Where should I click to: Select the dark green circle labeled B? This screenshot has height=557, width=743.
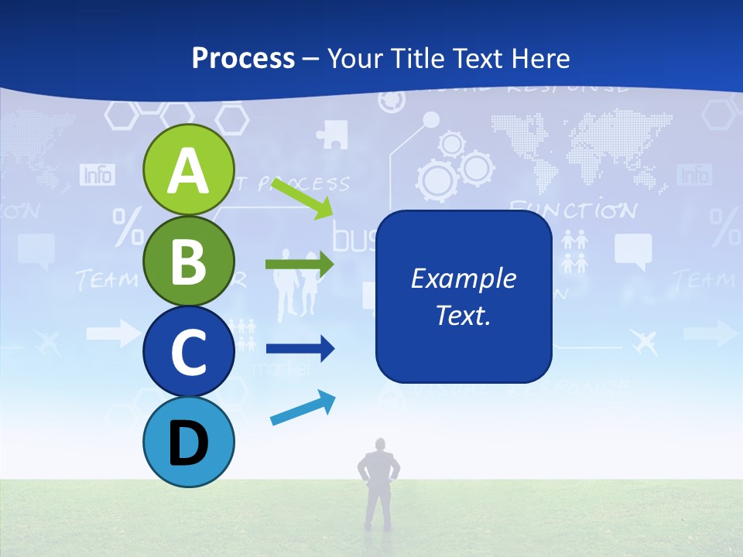189,261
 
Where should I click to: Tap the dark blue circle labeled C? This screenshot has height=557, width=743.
189,351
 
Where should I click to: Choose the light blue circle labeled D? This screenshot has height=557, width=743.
189,442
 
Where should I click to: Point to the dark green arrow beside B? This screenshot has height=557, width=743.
300,265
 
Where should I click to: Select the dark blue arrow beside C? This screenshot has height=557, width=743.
300,349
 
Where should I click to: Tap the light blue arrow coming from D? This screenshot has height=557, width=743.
303,408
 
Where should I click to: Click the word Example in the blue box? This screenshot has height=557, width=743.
463,278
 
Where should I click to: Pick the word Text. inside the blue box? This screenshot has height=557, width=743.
463,315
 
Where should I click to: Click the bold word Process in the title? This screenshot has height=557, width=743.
243,58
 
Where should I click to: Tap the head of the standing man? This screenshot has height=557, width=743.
379,445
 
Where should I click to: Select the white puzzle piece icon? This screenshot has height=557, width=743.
331,134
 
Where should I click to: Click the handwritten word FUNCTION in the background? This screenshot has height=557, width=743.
573,210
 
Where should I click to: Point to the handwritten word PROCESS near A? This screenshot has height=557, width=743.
310,184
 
